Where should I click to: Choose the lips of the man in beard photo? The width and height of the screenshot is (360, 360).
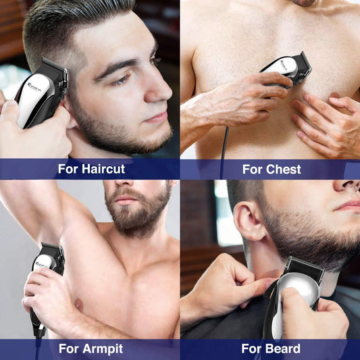pos(347,205)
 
